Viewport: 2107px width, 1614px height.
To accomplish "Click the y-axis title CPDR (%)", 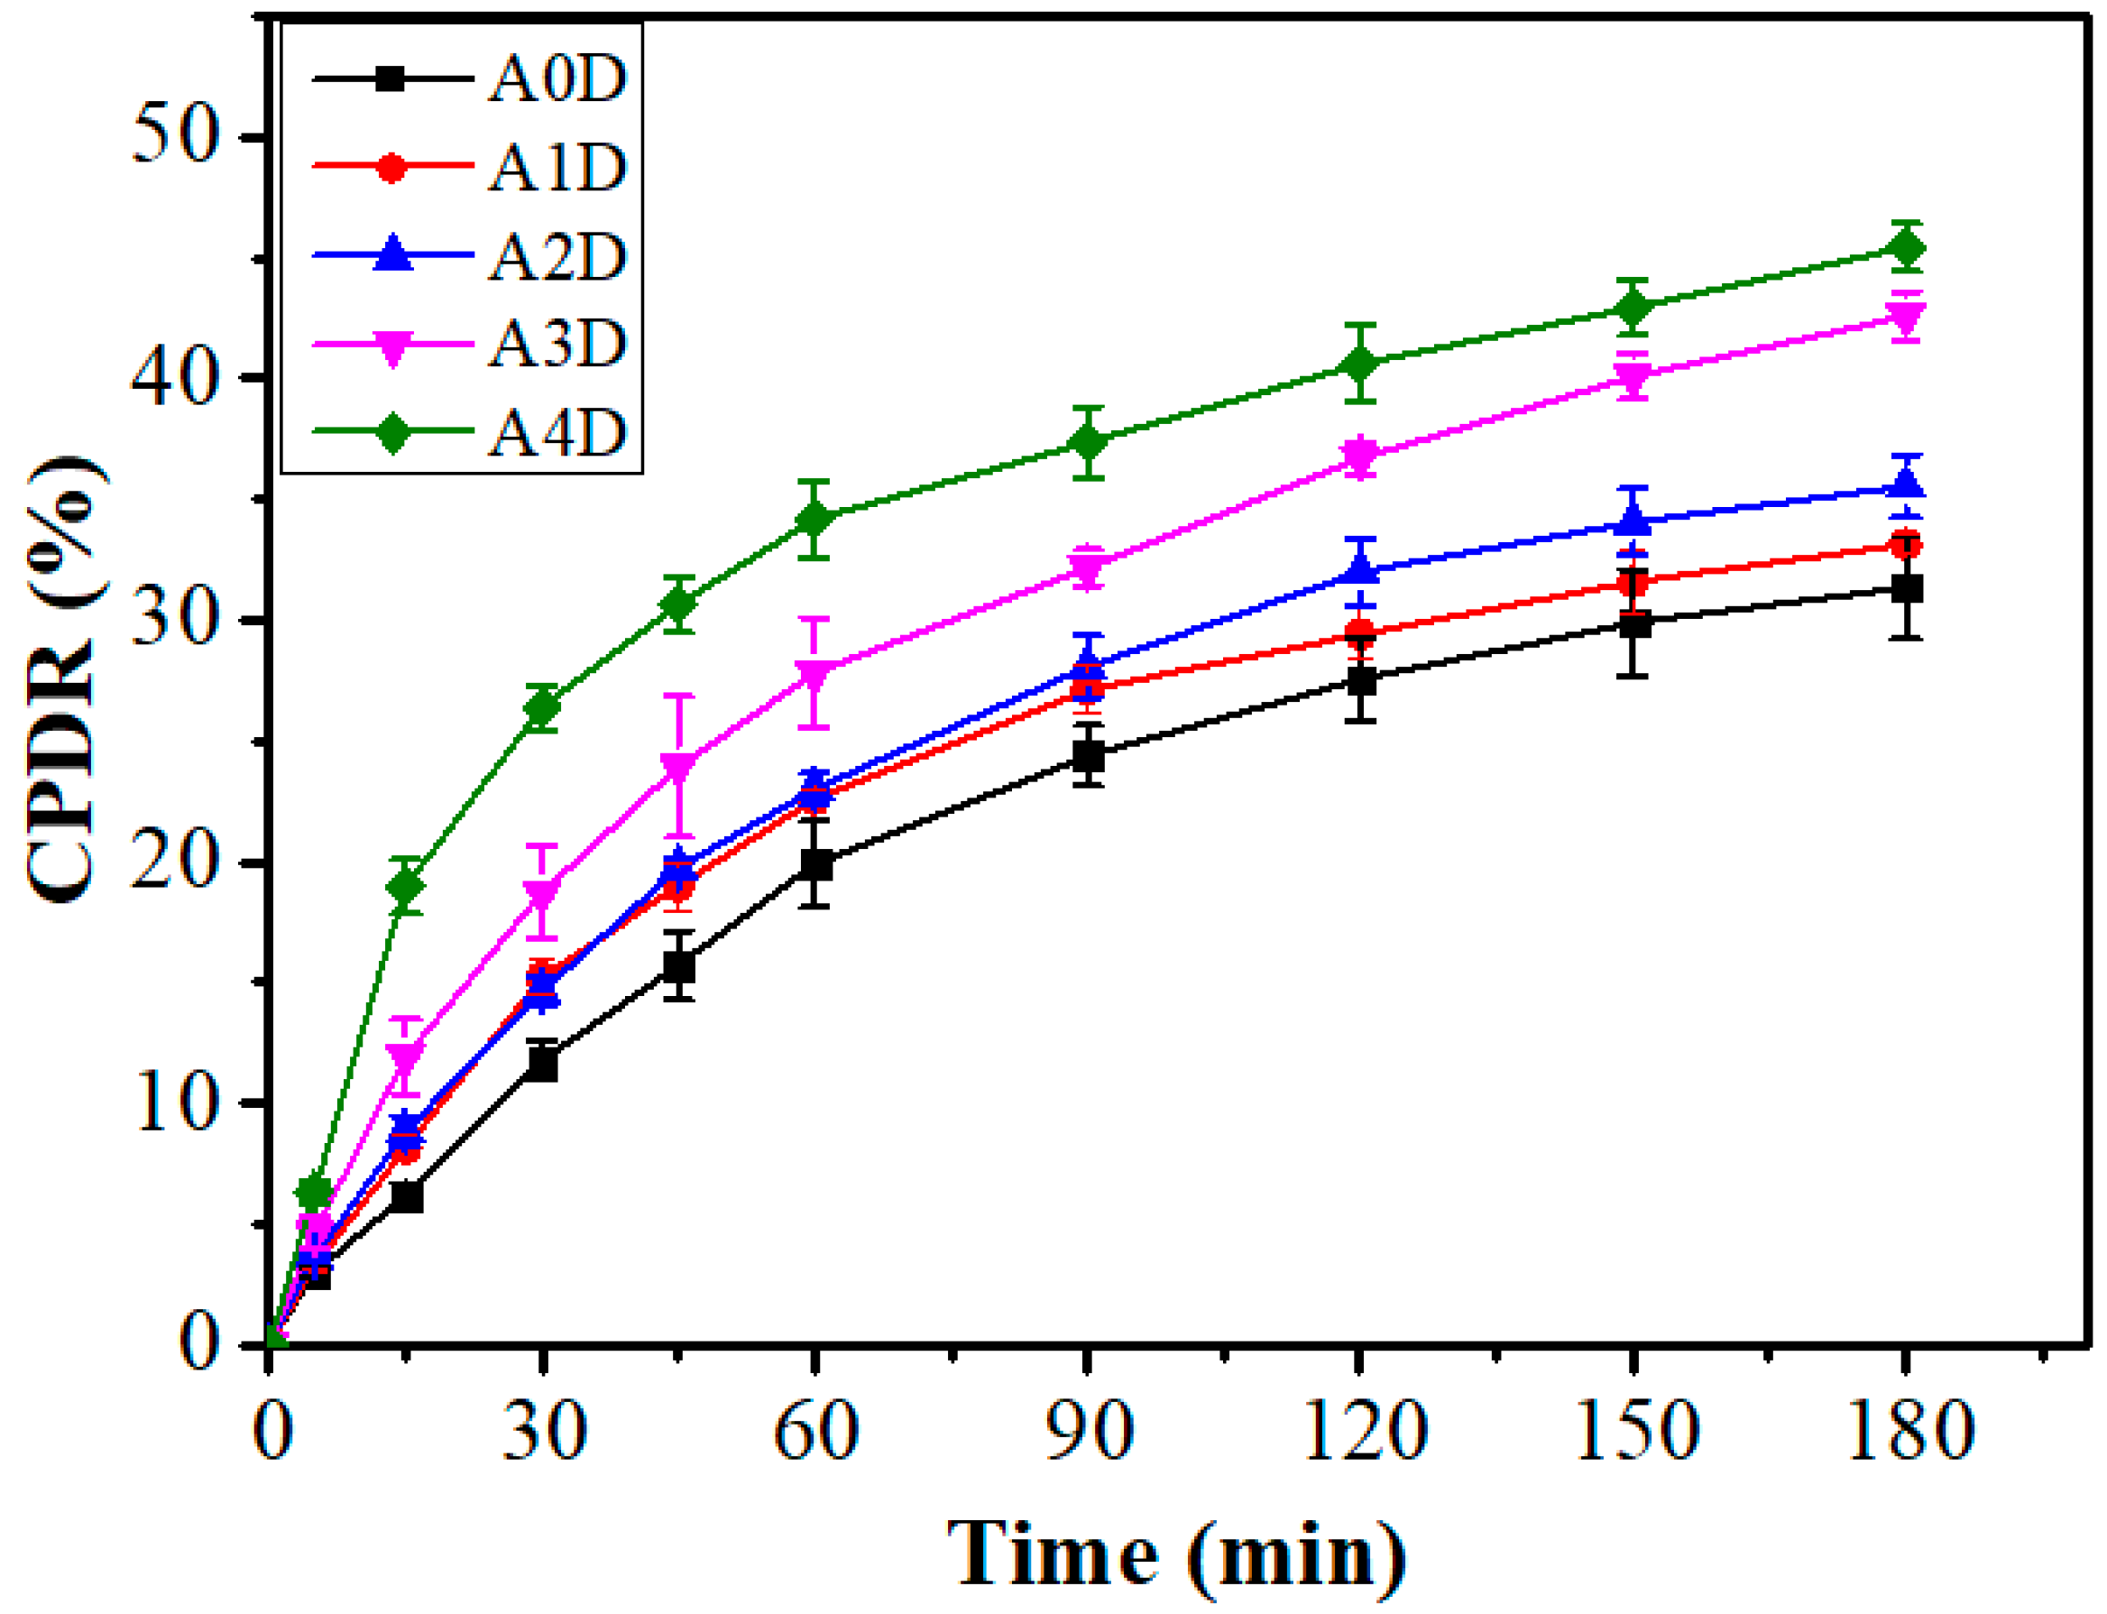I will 63,678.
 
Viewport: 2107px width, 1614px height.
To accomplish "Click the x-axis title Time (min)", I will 1175,1554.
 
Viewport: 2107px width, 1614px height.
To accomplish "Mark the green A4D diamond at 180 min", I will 1905,248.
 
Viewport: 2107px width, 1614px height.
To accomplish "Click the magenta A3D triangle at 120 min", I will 1360,455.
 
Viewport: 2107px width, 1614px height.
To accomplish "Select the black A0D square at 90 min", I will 1087,756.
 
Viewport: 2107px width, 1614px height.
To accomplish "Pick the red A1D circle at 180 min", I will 1905,546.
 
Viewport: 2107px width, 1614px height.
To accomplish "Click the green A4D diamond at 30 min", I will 543,708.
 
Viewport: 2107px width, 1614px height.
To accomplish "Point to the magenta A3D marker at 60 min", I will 814,672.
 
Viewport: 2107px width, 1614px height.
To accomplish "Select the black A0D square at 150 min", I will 1633,624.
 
